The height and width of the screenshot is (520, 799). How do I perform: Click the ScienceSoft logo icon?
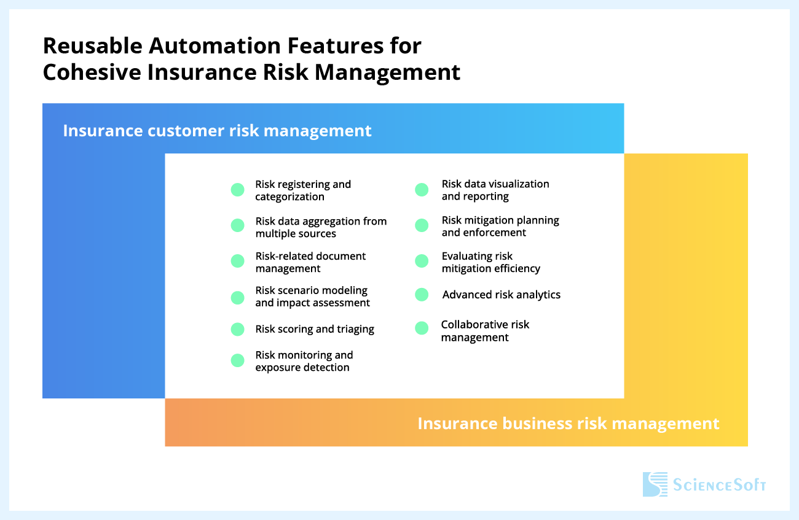coord(655,484)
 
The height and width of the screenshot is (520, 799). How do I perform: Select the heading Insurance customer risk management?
coord(217,131)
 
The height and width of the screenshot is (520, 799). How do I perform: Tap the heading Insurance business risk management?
coord(568,424)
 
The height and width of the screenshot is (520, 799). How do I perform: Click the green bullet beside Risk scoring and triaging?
coord(238,330)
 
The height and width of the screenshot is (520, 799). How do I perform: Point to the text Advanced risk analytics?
coord(501,295)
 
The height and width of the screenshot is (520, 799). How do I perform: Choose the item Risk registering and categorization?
coord(303,190)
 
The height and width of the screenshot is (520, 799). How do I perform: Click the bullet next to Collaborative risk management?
coord(422,328)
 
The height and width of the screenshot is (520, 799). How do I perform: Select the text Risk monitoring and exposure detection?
coord(304,361)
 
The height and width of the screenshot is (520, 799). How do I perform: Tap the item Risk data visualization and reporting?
coord(495,190)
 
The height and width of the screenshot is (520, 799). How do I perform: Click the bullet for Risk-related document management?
coord(238,261)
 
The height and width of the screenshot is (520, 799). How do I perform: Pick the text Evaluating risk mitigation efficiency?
coord(490,262)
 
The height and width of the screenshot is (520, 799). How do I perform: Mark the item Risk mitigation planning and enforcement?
coord(500,226)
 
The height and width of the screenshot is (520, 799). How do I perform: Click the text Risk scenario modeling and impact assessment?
coord(312,297)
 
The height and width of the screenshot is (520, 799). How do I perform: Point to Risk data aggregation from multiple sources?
coord(321,227)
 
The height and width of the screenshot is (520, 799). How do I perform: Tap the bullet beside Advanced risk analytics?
coord(422,295)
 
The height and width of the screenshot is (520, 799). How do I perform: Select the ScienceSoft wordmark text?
coord(718,486)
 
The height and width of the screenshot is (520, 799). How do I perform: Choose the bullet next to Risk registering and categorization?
coord(238,190)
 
